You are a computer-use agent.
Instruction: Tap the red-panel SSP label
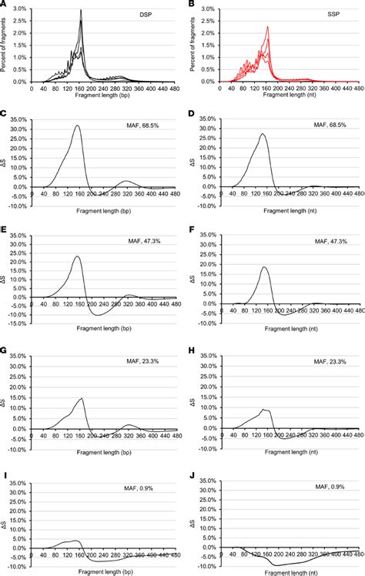tap(333, 15)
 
